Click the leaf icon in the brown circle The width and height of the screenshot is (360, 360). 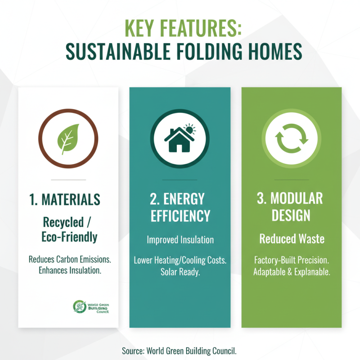coord(68,139)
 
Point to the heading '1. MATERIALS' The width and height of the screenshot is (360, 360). coord(68,200)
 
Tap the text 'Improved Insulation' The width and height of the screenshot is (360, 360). coord(180,240)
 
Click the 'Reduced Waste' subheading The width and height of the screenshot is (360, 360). coord(292,238)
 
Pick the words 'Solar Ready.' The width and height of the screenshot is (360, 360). coord(180,272)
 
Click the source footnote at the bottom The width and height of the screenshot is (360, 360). coord(180,350)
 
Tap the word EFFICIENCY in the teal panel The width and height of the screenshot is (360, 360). coord(180,216)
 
